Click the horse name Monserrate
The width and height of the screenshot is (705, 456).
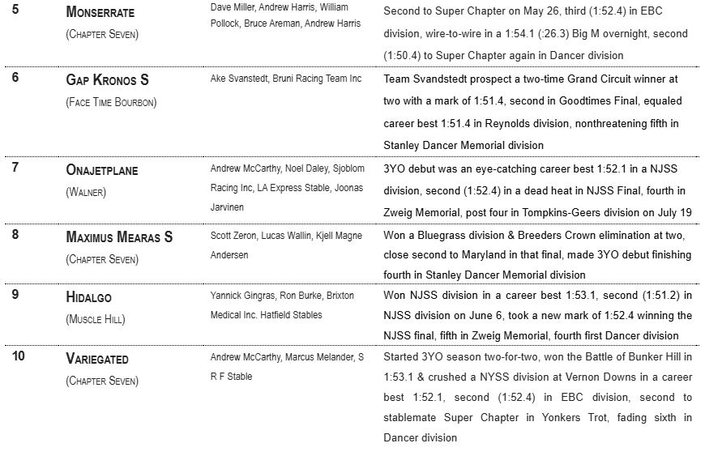pos(100,13)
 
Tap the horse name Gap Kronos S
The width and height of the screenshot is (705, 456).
pos(108,80)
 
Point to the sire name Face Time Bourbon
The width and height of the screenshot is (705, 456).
pos(111,102)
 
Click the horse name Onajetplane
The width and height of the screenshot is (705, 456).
pos(102,170)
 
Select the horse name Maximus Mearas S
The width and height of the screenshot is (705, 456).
pos(119,237)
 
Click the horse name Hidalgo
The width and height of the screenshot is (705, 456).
pos(89,297)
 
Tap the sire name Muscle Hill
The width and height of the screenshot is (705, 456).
pos(96,319)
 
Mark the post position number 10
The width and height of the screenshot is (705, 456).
pos(19,356)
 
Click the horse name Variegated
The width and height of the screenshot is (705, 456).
pos(97,359)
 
